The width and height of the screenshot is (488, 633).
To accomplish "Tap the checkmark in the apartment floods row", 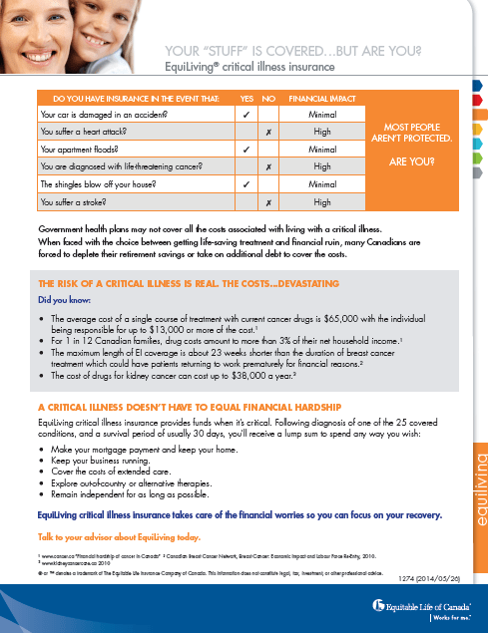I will tap(245, 149).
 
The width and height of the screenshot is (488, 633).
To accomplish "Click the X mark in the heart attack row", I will tap(268, 131).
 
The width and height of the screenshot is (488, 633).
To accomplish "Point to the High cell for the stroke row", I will tap(321, 202).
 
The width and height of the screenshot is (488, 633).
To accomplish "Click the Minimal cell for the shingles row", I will tap(321, 184).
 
